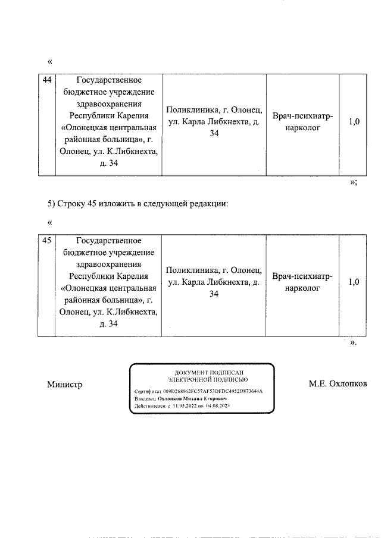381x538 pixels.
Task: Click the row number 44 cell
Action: click(47, 80)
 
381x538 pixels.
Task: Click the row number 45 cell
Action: click(47, 241)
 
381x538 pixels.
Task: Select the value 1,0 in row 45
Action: click(354, 282)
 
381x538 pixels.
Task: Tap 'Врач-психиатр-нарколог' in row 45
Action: click(302, 282)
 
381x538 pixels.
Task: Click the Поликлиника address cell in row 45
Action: click(214, 282)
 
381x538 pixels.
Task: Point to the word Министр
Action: click(64, 384)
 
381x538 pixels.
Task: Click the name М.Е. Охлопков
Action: click(338, 384)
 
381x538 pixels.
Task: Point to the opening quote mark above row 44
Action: click(49, 61)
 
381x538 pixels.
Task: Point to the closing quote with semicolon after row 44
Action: click(353, 183)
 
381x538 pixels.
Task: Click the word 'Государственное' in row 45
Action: click(109, 241)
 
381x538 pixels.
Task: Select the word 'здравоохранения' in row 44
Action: click(109, 103)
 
